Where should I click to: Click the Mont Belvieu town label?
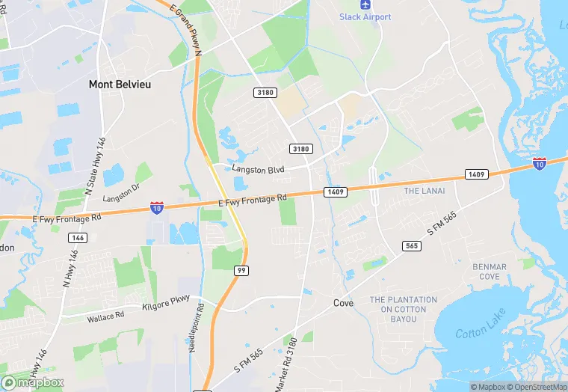tap(120, 85)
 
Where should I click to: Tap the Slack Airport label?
tap(365, 16)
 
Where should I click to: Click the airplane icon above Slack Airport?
tap(365, 4)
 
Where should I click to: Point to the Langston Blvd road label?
tap(259, 170)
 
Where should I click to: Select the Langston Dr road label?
tap(121, 192)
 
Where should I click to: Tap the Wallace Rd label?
tap(105, 317)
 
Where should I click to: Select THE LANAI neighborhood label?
tap(424, 191)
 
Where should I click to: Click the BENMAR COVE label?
tap(490, 272)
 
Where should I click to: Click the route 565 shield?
tap(410, 245)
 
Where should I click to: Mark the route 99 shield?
tap(241, 270)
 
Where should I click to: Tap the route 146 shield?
tap(76, 237)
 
